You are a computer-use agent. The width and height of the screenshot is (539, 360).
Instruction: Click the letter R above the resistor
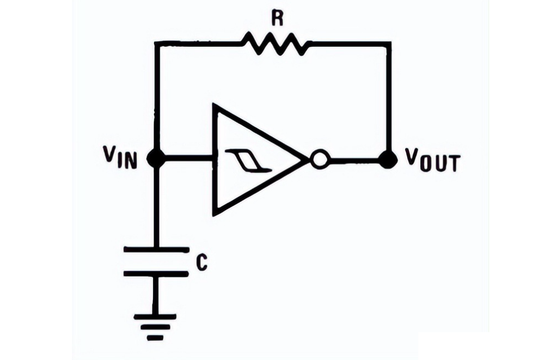pos(277,20)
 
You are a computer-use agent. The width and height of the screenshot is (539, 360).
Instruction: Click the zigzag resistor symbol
pos(277,43)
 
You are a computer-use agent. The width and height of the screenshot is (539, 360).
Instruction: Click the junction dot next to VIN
pos(156,159)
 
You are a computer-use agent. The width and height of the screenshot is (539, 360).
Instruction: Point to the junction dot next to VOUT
pos(388,160)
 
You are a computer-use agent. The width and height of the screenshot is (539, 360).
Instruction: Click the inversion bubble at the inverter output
pos(319,160)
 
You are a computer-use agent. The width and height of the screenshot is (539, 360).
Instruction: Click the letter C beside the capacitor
pos(201,264)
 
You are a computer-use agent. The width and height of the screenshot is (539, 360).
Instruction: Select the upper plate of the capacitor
pos(156,250)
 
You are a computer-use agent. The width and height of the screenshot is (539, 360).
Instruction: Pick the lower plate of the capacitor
pos(156,273)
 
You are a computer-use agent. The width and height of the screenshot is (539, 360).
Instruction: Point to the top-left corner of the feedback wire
pos(156,42)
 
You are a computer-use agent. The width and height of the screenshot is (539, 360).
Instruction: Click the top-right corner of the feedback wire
pos(389,42)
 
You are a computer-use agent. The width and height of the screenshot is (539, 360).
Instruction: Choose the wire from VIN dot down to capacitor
pos(156,207)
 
